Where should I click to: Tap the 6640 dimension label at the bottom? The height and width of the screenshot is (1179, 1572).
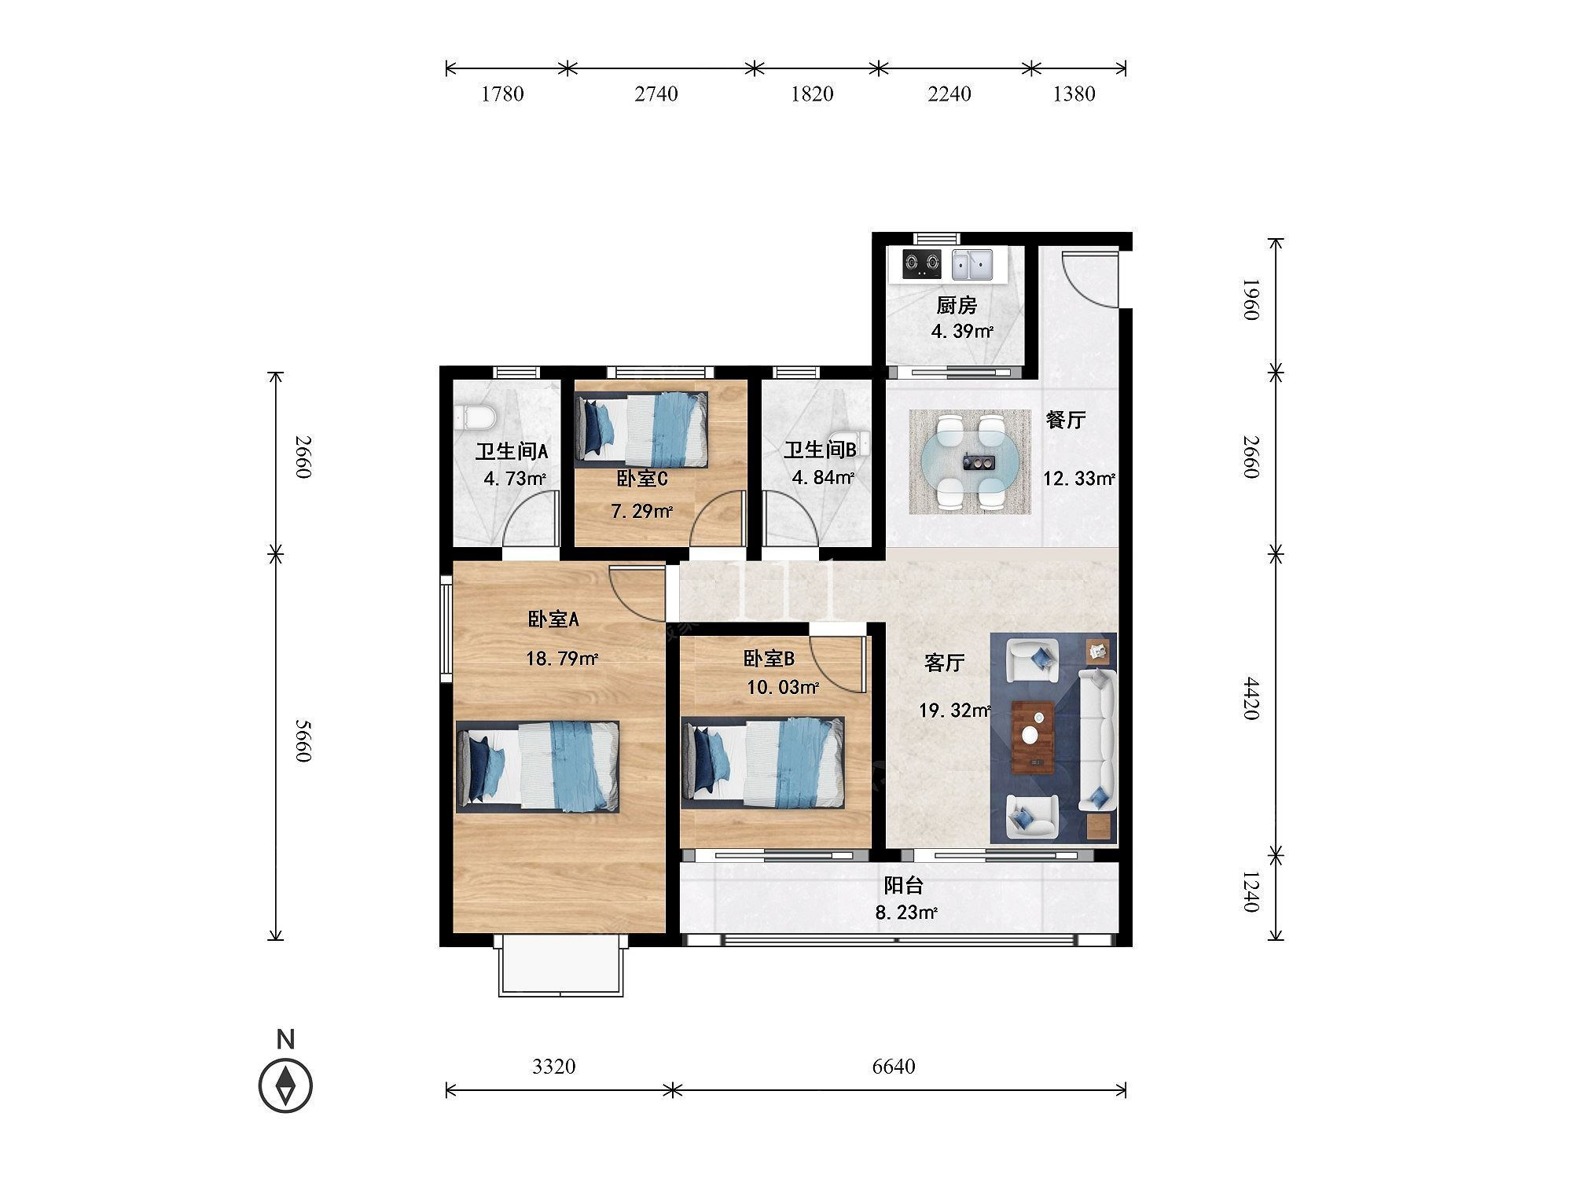[894, 1067]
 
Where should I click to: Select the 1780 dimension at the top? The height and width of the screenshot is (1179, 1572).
[502, 94]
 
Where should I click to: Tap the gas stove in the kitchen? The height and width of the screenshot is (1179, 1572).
[921, 265]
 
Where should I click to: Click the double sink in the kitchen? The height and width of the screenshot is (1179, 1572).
[972, 265]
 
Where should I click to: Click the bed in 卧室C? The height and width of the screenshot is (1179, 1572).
[641, 427]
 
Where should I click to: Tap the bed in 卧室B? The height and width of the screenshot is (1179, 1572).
[763, 762]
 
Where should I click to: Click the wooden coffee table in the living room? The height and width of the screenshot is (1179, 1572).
[1034, 736]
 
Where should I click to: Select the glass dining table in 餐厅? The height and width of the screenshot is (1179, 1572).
[969, 462]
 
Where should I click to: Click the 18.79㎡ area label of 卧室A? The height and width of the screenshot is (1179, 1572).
[562, 659]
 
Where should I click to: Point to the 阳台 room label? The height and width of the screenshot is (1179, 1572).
[903, 886]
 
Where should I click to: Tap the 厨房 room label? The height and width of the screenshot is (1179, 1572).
[957, 305]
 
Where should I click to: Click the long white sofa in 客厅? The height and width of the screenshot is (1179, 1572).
[1096, 739]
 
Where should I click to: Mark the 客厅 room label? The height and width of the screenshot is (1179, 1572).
[944, 663]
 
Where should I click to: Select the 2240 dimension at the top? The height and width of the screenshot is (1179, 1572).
[949, 94]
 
